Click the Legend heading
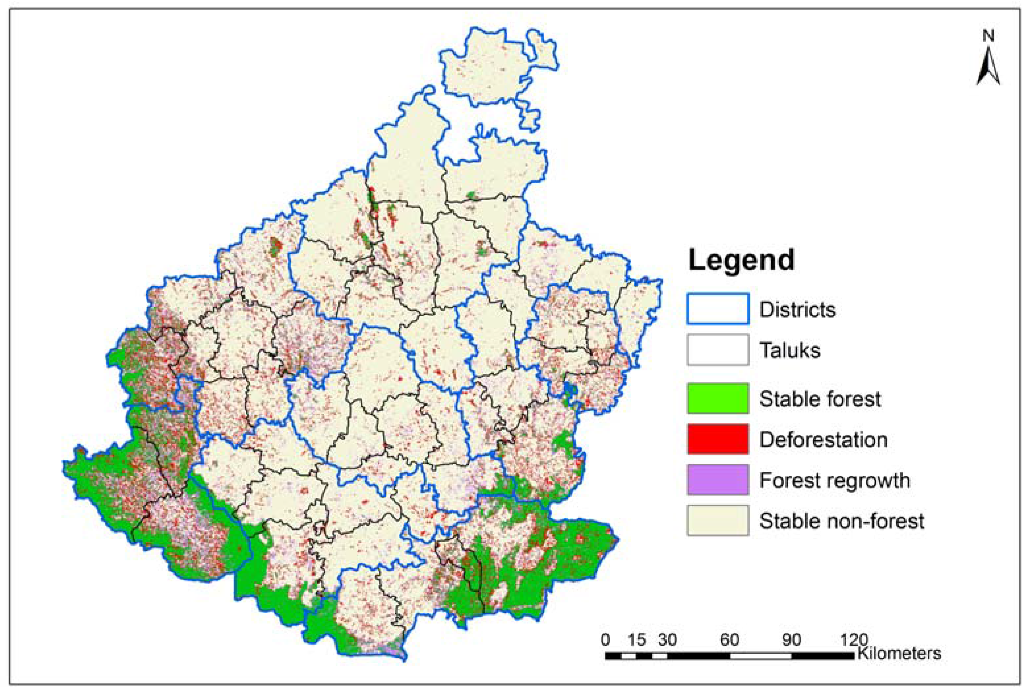tap(741, 260)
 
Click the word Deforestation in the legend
tap(823, 440)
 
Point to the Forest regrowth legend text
tap(834, 480)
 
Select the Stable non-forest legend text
tap(841, 521)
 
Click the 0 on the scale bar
tap(605, 640)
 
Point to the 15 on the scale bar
tap(637, 640)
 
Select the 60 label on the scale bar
tap(729, 640)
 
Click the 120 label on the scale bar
tap(854, 640)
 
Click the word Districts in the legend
tap(797, 310)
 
